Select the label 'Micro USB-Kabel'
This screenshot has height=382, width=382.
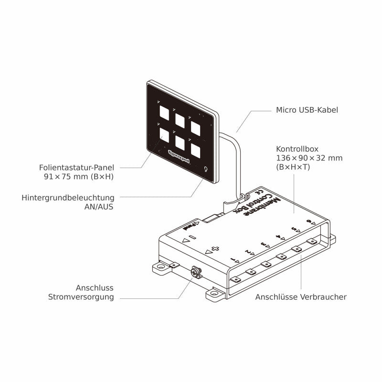point(307,110)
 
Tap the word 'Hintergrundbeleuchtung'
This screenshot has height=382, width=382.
point(68,197)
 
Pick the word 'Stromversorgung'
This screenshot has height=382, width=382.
point(81,297)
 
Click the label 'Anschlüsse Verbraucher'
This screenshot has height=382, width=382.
point(301,297)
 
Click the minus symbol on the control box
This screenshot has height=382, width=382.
point(191,237)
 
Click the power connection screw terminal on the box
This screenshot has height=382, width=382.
point(195,273)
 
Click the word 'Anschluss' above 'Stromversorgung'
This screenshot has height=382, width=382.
point(95,288)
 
